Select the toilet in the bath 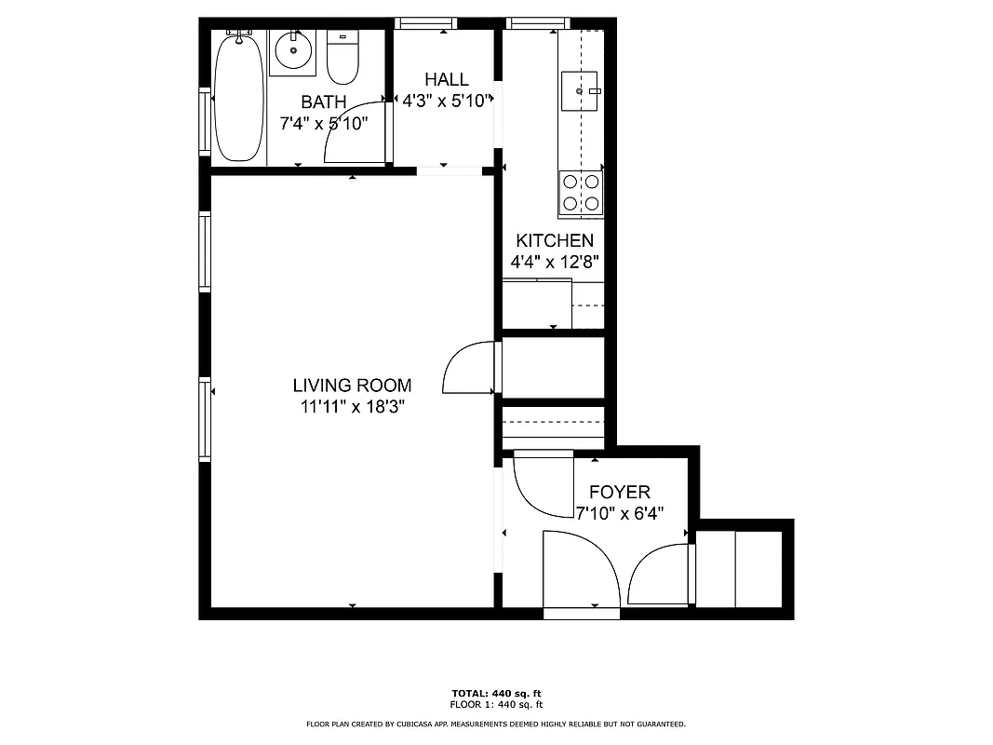coord(342,58)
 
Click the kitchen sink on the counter coord(583,90)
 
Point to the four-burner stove coord(581,192)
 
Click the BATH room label coord(323,102)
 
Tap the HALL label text coord(447,80)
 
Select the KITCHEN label coord(555,241)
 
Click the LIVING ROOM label coord(352,386)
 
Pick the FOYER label coord(619,493)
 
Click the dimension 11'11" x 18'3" coord(352,407)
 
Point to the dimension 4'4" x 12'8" coord(555,263)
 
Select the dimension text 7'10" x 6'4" coord(619,514)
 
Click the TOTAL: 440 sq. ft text coord(496,694)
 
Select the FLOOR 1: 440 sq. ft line coord(496,705)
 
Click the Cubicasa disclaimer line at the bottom coord(496,724)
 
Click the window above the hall coord(425,23)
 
